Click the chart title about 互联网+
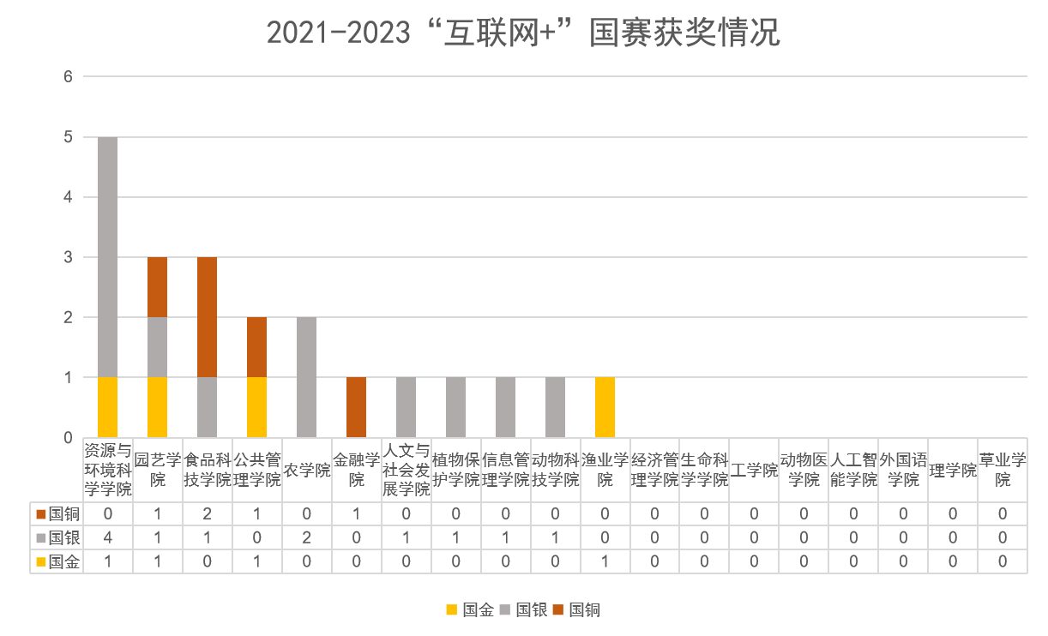tap(523, 33)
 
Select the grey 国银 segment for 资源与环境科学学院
tap(107, 257)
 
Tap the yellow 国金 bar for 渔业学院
tap(605, 407)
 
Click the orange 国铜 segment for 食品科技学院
tap(207, 317)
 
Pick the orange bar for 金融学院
tap(356, 407)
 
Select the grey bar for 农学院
tap(306, 377)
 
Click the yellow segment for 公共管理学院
tap(256, 407)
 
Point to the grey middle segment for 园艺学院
tap(157, 347)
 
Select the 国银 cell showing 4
tap(107, 538)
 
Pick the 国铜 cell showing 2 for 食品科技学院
tap(207, 514)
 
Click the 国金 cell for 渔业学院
tap(605, 562)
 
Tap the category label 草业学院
tap(1003, 470)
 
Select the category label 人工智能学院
tap(853, 470)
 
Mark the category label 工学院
tap(754, 470)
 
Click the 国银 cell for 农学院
tap(306, 538)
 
